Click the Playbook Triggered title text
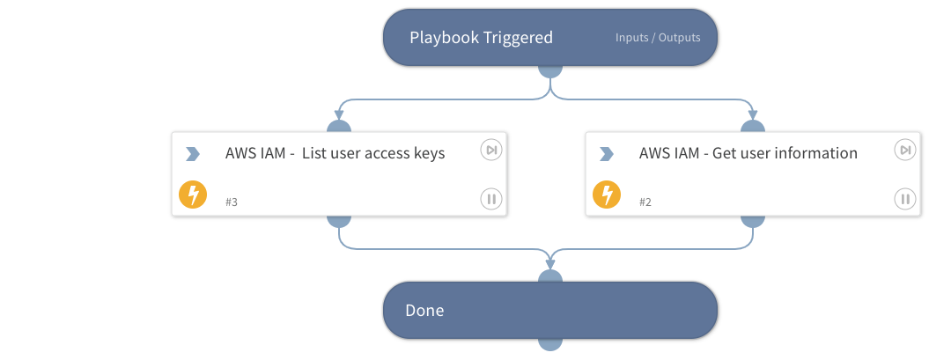click(481, 38)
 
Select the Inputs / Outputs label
click(658, 38)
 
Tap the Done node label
click(424, 310)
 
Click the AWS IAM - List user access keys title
click(335, 153)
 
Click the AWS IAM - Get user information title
click(748, 153)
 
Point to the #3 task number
click(232, 202)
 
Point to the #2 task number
click(645, 202)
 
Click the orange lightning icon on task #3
click(193, 195)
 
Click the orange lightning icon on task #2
click(606, 195)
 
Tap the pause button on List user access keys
click(490, 199)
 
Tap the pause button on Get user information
click(904, 199)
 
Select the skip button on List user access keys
click(490, 151)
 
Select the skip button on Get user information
click(904, 151)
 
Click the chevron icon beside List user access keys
click(193, 154)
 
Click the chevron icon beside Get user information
click(606, 154)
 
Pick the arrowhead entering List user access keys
click(339, 113)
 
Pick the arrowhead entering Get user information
click(753, 113)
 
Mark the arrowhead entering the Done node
click(550, 263)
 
